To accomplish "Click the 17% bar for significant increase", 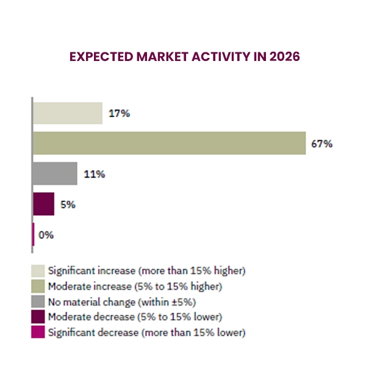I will (67, 113).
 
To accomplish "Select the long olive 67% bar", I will (168, 143).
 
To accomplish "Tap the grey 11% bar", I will (55, 174).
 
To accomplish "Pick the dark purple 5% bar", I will (44, 204).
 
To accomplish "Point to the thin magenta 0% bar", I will (33, 235).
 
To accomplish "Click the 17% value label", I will (119, 113).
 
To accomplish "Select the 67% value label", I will (322, 144).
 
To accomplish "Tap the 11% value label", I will (95, 174).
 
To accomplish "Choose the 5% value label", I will (67, 205).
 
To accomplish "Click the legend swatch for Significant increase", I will (38, 270).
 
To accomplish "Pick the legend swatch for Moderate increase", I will (38, 285).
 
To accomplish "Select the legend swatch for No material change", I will (38, 301).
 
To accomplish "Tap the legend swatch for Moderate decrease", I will (38, 317).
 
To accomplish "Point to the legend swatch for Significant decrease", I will (38, 333).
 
